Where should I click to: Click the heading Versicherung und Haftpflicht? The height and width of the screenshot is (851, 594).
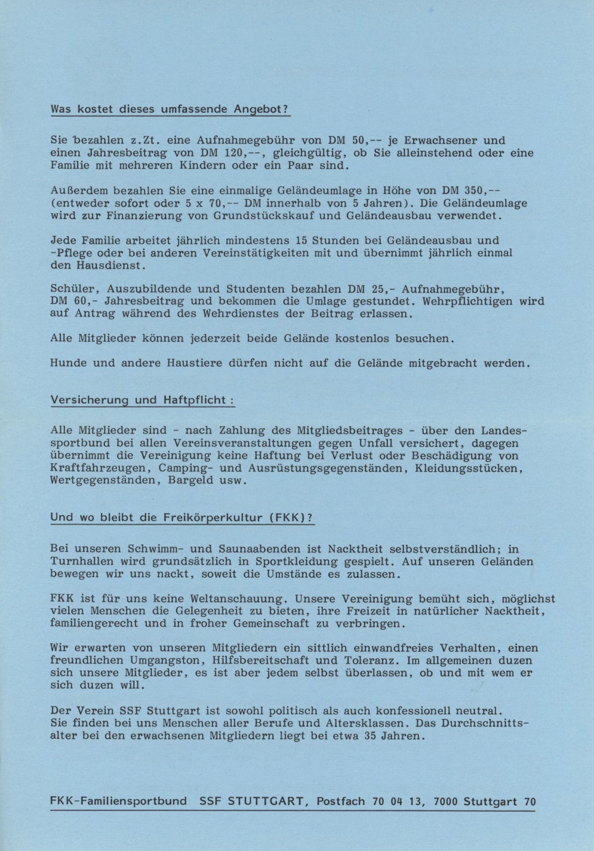142,400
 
